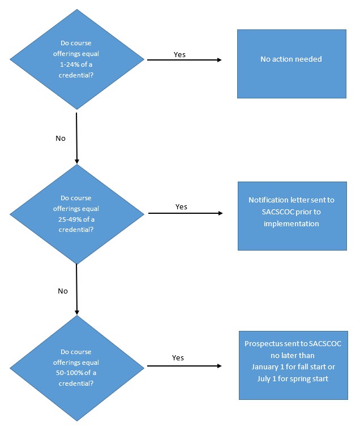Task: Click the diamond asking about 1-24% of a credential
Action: (76, 59)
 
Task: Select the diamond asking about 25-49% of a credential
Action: (76, 214)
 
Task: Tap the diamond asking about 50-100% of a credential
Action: (76, 368)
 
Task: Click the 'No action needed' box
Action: (292, 63)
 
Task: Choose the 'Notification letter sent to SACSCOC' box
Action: (292, 215)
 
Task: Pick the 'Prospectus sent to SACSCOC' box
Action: (293, 365)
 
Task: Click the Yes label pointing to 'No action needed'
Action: (179, 55)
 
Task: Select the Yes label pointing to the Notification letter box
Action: (181, 207)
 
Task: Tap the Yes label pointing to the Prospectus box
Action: (178, 357)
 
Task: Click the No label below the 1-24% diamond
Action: (61, 137)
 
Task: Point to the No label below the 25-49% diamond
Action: (63, 291)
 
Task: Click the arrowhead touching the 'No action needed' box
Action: (218, 59)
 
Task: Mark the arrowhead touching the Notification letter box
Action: (220, 213)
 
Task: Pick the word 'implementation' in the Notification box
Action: (292, 223)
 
